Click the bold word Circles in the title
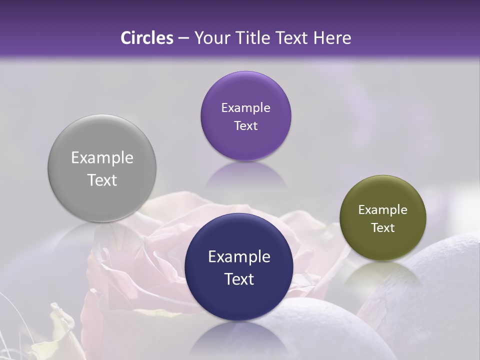(147, 38)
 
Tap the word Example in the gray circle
(102, 158)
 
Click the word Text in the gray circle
(102, 180)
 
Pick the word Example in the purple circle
(245, 108)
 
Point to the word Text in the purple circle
(245, 126)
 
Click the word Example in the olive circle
(383, 210)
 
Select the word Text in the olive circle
(383, 228)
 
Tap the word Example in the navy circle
(239, 257)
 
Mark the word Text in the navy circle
(239, 279)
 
